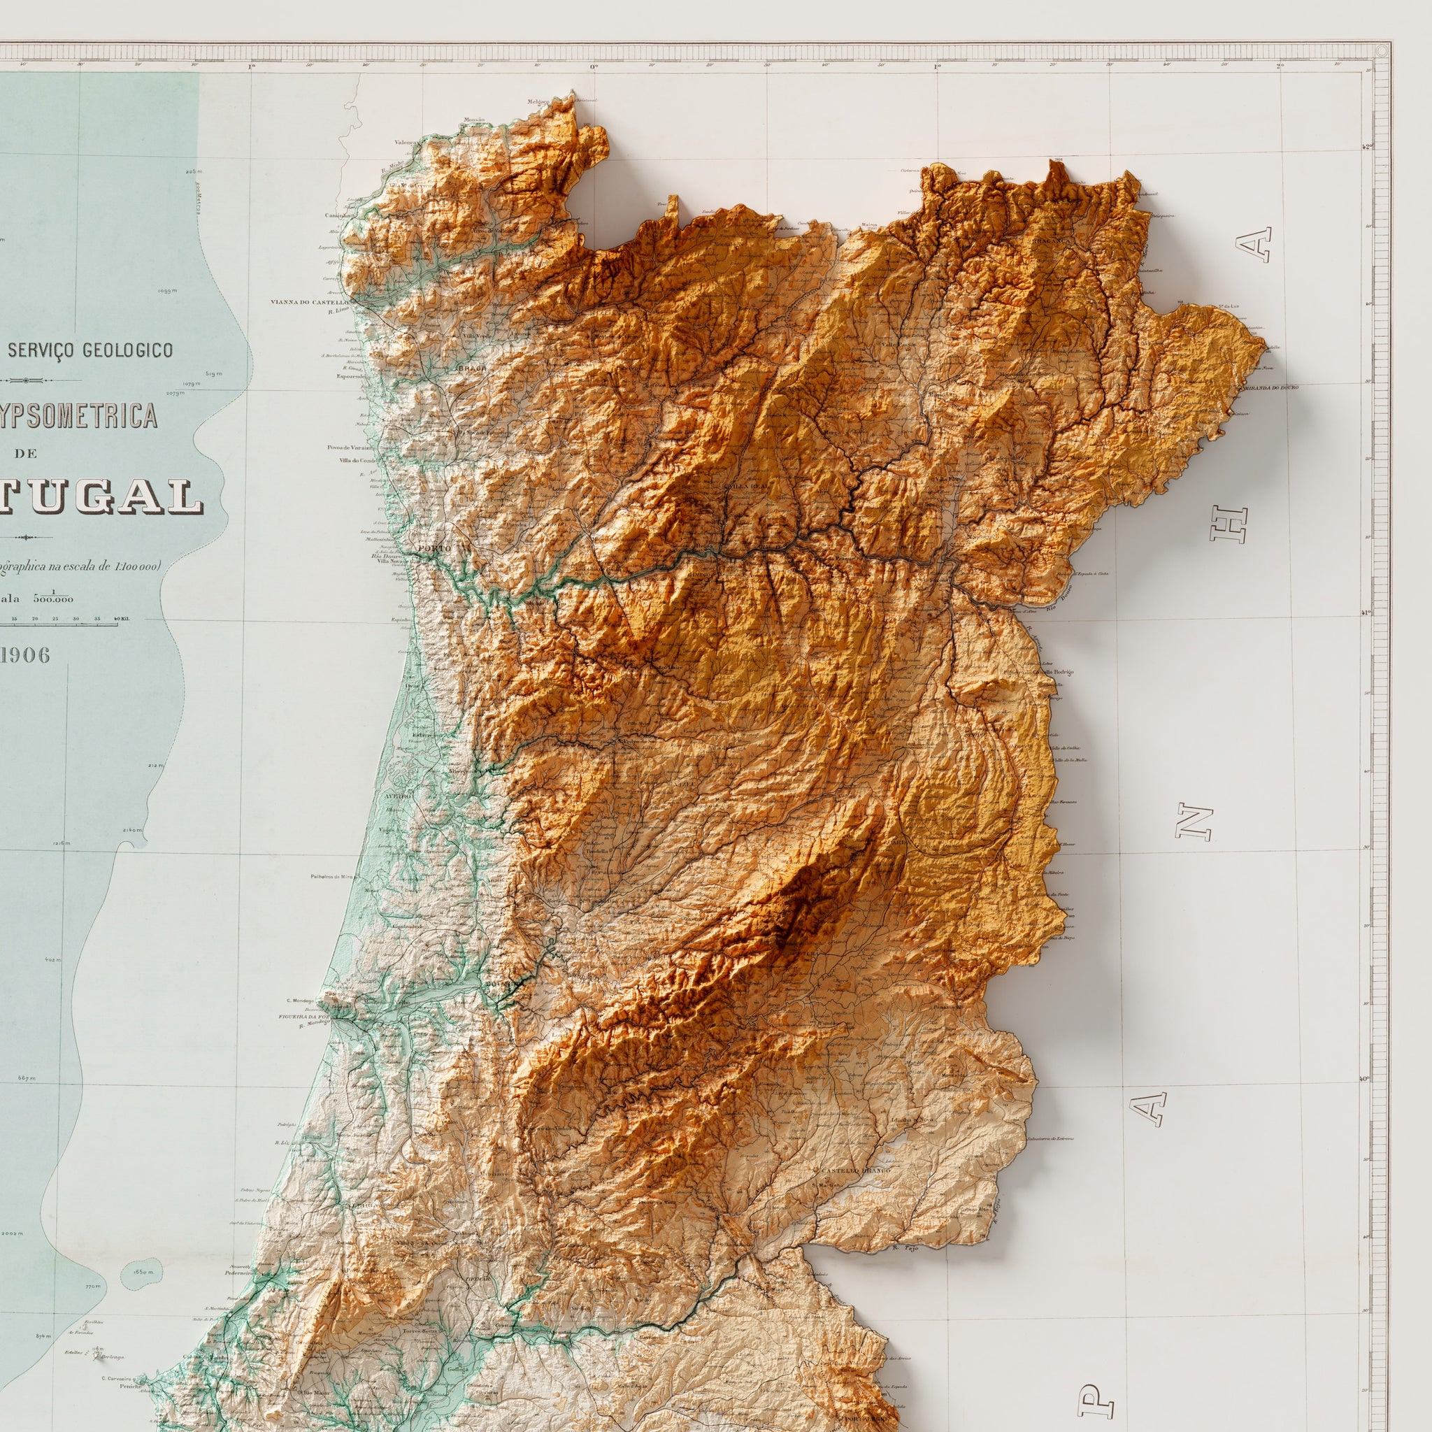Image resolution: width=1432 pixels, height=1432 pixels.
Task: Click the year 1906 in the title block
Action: coord(25,654)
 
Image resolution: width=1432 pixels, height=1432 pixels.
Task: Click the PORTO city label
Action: coord(434,547)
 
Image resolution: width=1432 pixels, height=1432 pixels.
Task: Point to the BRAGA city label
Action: coord(472,368)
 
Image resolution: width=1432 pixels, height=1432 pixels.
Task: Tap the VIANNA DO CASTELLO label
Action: coord(310,302)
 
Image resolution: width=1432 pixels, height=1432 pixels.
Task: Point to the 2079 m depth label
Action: coord(175,394)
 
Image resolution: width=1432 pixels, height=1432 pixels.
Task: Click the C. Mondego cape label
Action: coord(298,1001)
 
